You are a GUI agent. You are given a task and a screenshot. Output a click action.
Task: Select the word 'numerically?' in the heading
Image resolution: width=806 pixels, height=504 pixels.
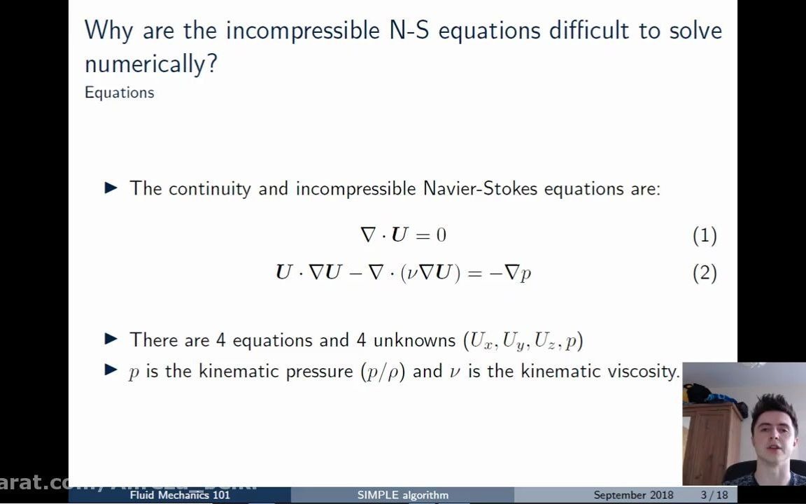click(151, 64)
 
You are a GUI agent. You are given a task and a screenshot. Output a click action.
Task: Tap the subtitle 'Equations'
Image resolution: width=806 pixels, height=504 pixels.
click(119, 92)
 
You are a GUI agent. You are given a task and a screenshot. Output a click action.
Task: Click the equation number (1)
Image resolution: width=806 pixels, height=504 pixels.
click(705, 236)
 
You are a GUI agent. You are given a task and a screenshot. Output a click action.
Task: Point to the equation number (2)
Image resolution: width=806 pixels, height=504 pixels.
click(705, 273)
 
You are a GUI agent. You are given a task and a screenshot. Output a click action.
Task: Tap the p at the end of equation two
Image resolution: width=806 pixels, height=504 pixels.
click(526, 274)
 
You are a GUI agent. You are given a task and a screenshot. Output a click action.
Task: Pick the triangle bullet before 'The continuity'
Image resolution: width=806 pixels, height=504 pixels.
click(111, 188)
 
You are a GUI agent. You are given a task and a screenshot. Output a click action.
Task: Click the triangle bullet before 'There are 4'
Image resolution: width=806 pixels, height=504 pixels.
click(111, 339)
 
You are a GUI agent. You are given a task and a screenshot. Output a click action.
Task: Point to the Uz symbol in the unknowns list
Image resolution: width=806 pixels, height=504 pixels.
click(546, 341)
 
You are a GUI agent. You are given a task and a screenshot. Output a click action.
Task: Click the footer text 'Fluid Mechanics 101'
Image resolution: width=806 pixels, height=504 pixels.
click(180, 495)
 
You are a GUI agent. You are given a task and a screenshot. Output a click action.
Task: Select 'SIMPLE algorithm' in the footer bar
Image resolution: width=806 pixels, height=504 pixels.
click(402, 495)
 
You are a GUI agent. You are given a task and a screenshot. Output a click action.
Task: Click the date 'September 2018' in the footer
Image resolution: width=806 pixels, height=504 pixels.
click(633, 495)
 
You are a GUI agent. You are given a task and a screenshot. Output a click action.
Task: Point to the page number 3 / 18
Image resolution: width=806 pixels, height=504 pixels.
click(714, 495)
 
